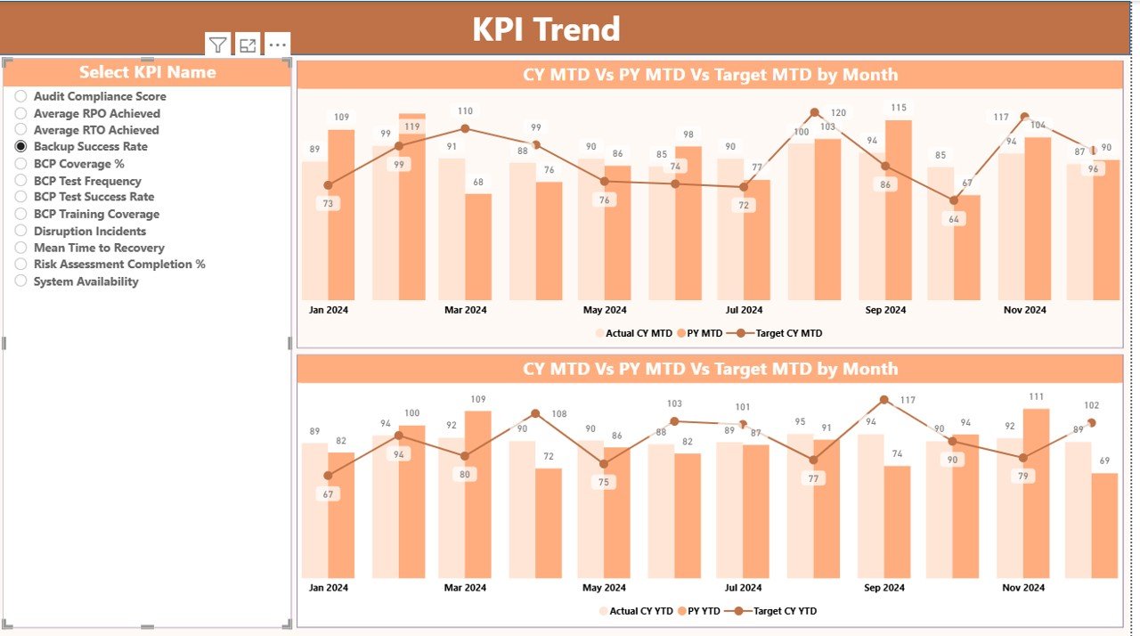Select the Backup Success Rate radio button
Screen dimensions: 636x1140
[21, 146]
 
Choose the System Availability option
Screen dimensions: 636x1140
[21, 281]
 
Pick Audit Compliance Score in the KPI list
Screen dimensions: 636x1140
[21, 96]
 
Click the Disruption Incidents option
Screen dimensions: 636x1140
[21, 231]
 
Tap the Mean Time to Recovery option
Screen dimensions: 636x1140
[21, 248]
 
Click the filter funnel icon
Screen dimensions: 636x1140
[218, 45]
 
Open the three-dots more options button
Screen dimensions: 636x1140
[278, 45]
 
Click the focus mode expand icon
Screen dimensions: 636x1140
[248, 45]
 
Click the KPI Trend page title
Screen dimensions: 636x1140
[546, 29]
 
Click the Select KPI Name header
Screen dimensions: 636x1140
[148, 72]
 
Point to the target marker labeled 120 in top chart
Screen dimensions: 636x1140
[814, 113]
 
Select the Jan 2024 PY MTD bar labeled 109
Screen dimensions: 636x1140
[341, 214]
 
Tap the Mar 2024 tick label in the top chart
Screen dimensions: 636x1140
[465, 310]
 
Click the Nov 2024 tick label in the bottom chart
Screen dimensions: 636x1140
[1023, 588]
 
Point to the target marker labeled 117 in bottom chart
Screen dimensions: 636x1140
[884, 400]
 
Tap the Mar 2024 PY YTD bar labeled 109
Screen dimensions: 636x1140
[478, 494]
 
